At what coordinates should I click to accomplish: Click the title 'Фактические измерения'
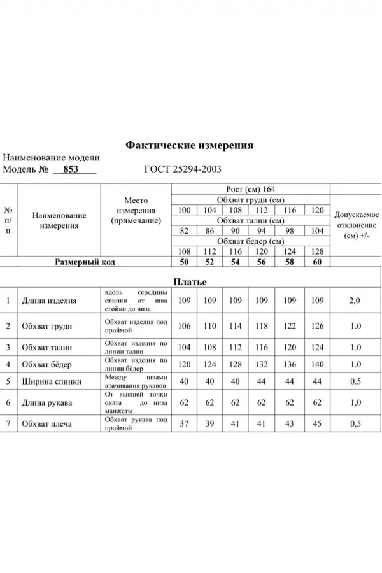190,145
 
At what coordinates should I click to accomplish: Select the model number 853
71,169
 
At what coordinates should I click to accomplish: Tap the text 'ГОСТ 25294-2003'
183,169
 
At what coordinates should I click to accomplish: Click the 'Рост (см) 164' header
250,189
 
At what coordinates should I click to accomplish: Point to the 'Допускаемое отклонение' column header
357,225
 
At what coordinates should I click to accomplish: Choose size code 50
185,262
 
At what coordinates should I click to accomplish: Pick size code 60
316,262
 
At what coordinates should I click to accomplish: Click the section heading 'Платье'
190,281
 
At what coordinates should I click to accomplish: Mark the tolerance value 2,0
355,301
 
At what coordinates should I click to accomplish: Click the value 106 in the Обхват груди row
185,326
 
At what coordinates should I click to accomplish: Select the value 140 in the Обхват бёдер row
316,365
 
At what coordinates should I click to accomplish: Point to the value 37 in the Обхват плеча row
185,423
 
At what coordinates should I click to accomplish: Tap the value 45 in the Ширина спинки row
316,423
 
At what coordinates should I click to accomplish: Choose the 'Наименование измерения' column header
59,220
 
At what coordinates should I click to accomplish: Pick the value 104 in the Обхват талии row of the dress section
185,348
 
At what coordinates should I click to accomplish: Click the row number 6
8,402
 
